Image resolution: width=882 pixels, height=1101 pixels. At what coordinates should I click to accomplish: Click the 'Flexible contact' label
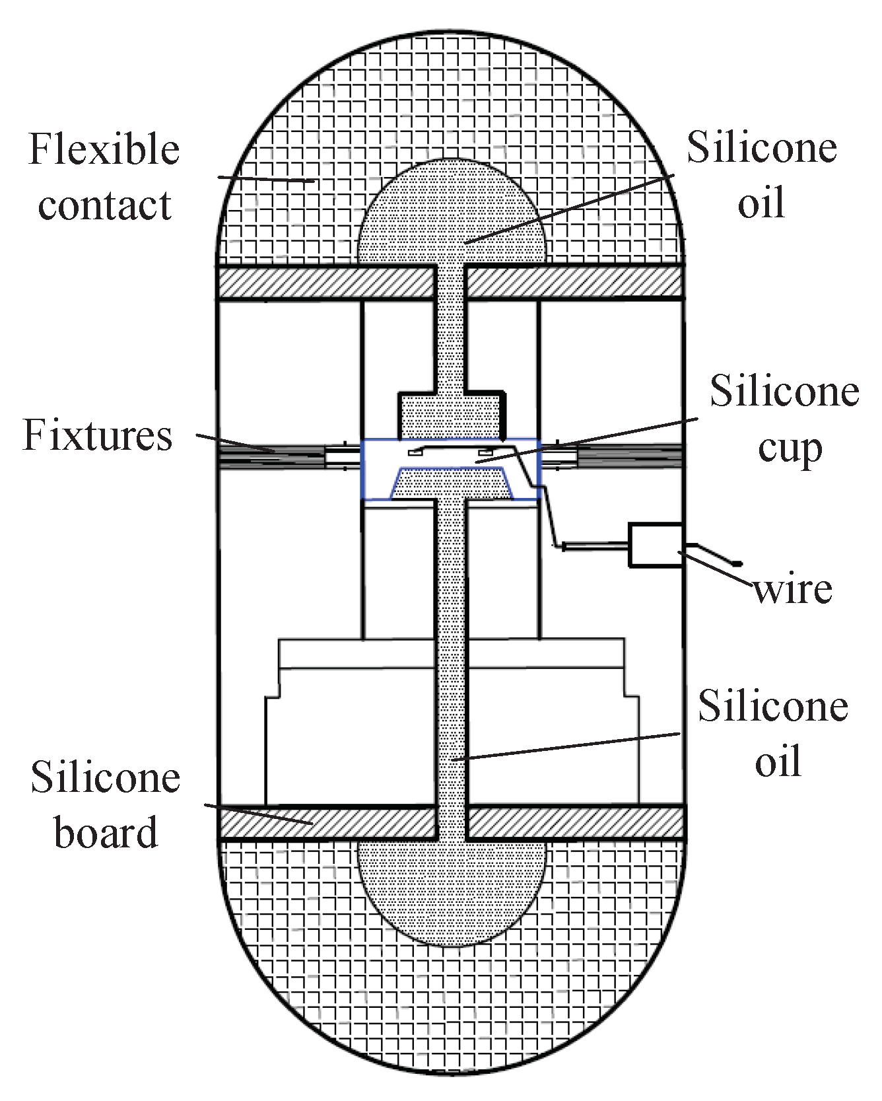click(104, 177)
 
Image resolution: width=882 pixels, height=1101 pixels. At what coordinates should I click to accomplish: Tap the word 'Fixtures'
click(98, 436)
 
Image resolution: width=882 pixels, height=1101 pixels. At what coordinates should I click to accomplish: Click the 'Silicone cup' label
click(784, 419)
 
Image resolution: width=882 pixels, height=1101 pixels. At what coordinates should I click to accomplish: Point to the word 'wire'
click(793, 590)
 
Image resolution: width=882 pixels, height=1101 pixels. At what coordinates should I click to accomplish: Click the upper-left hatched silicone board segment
click(326, 282)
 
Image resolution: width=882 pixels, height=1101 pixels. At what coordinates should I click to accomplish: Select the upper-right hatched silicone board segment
click(574, 282)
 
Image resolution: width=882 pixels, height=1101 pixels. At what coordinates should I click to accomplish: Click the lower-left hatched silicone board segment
click(326, 822)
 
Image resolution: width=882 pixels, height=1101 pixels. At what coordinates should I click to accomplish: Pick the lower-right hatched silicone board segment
click(574, 822)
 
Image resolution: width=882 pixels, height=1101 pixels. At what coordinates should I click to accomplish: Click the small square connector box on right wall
click(654, 545)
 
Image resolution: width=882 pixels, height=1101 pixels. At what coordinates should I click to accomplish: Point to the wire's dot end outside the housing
click(738, 563)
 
